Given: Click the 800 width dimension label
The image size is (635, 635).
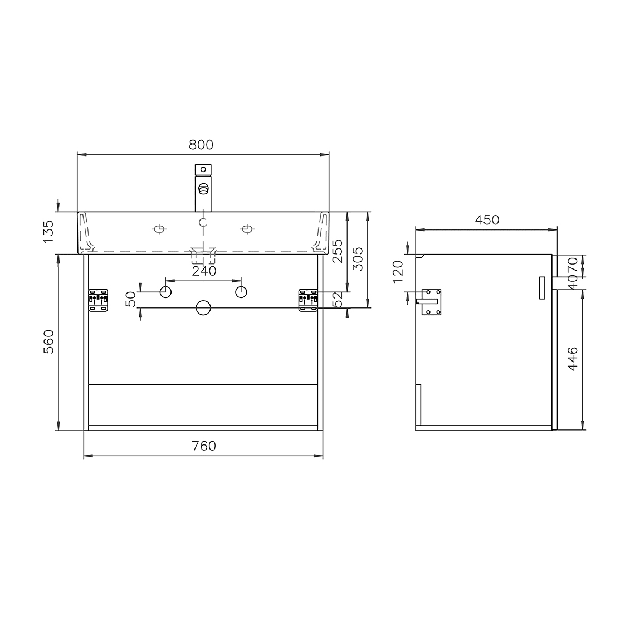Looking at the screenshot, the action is [201, 145].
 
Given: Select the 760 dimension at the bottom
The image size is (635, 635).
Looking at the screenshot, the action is [204, 446].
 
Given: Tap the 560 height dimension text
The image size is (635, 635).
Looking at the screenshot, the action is [48, 342].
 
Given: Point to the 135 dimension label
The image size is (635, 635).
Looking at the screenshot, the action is [48, 232].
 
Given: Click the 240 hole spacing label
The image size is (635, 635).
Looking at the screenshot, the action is [204, 271].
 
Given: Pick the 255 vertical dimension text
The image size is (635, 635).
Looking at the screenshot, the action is [338, 251].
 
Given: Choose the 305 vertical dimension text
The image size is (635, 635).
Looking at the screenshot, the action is [358, 259].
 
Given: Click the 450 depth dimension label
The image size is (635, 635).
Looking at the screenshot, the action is [487, 220].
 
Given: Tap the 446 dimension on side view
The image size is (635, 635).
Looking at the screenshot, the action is [573, 359].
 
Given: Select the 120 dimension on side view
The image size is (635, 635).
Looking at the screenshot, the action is [398, 272].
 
